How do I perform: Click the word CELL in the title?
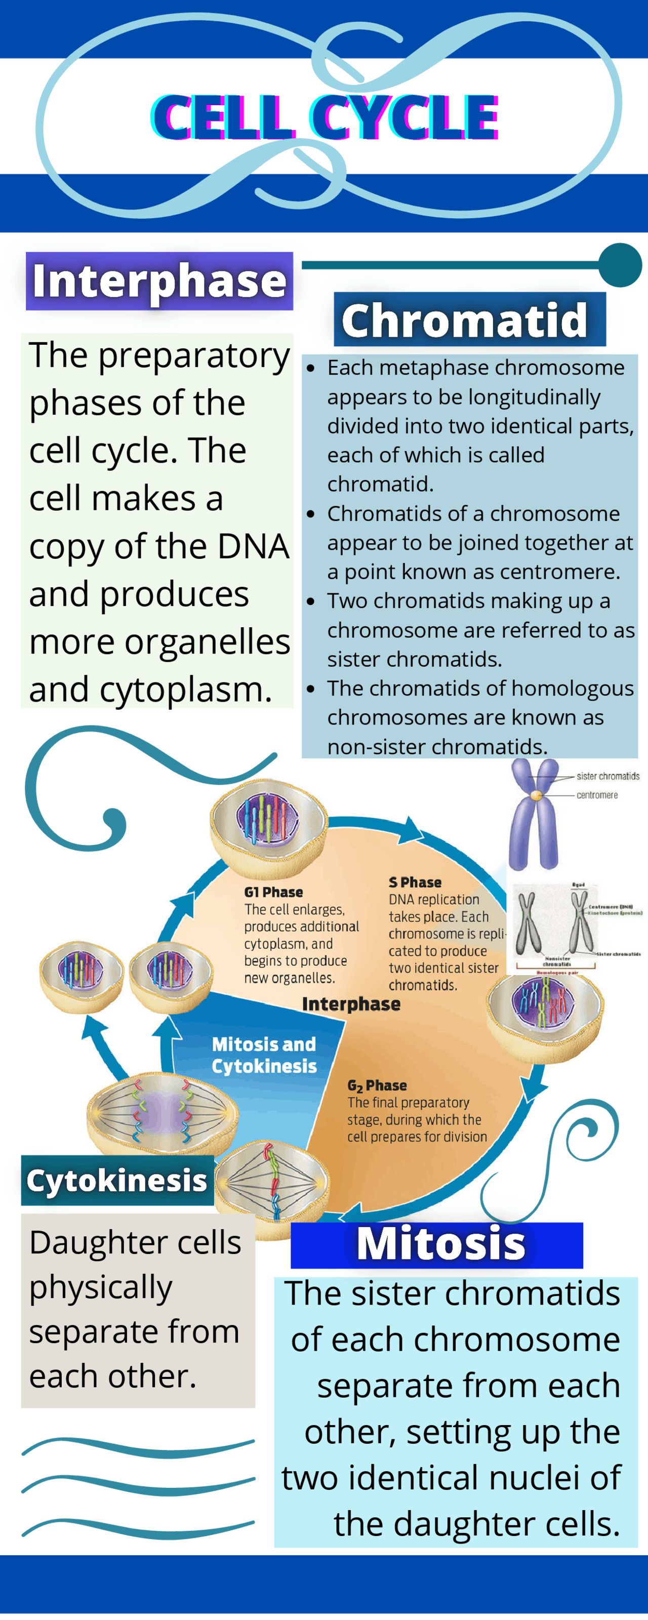(x=223, y=117)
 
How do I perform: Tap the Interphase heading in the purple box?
(x=159, y=280)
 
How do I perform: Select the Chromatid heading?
(x=464, y=319)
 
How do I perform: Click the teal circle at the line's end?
(x=620, y=265)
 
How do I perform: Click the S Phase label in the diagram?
(x=415, y=882)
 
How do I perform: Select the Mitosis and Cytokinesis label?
(x=264, y=1055)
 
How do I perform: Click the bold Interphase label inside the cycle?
(x=351, y=1004)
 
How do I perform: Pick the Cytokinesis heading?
(x=117, y=1180)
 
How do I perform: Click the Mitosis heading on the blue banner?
(x=440, y=1243)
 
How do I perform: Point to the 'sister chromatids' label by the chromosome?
(x=607, y=776)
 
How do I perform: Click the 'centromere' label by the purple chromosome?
(x=597, y=795)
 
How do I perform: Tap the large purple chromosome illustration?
(x=534, y=815)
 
